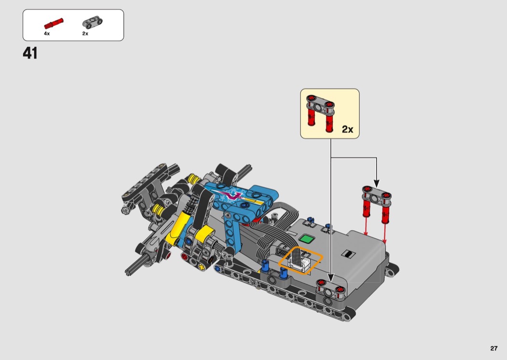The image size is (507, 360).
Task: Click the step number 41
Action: tap(30, 53)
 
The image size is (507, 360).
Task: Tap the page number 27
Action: tap(494, 348)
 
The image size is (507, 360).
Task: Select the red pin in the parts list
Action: tap(54, 24)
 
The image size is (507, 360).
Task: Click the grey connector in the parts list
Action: tap(92, 22)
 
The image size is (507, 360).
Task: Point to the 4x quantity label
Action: tap(47, 33)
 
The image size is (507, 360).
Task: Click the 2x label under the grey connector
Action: tap(85, 33)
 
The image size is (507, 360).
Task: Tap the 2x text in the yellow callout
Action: tap(348, 129)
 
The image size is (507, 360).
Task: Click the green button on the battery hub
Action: tap(307, 239)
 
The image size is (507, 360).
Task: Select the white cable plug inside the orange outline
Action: tap(300, 260)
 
